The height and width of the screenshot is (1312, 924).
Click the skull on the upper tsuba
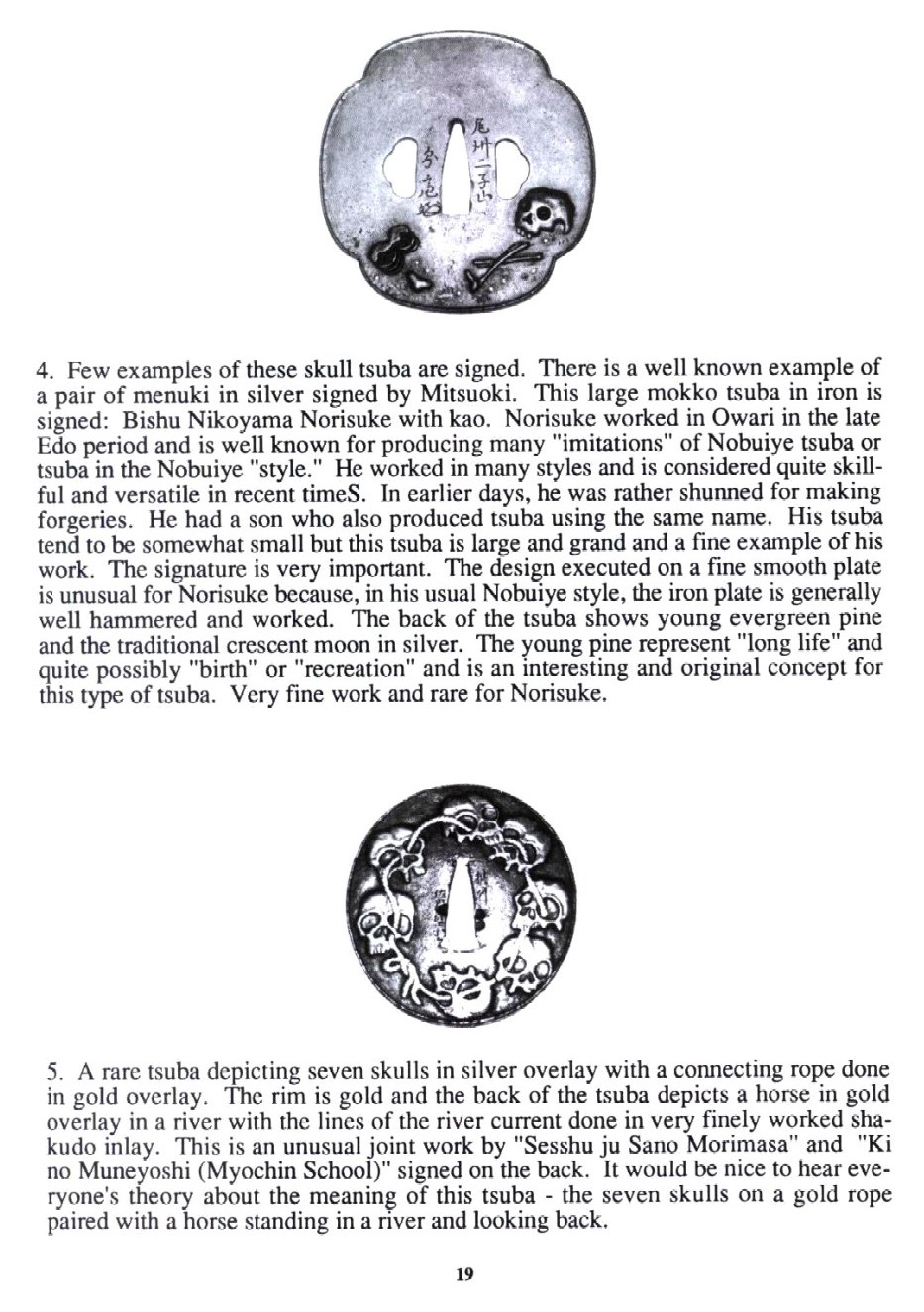(x=541, y=211)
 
